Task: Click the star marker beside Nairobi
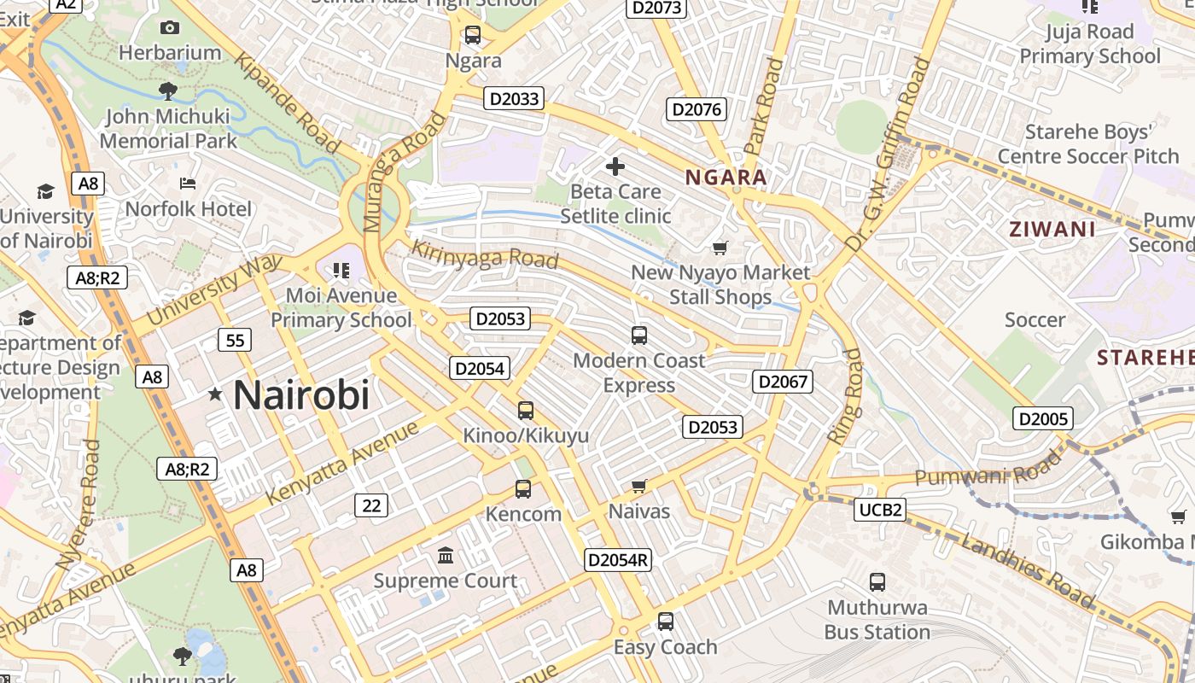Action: pyautogui.click(x=215, y=394)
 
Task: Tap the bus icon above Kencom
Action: pyautogui.click(x=523, y=489)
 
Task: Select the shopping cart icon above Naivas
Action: pyautogui.click(x=639, y=487)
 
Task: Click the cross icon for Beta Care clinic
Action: pyautogui.click(x=615, y=166)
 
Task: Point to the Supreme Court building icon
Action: pyautogui.click(x=446, y=557)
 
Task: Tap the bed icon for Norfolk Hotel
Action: pyautogui.click(x=188, y=184)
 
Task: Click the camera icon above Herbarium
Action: pyautogui.click(x=170, y=28)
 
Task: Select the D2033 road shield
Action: pyautogui.click(x=515, y=98)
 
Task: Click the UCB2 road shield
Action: pyautogui.click(x=880, y=510)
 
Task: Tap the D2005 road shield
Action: pyautogui.click(x=1043, y=418)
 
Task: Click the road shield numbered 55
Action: pyautogui.click(x=235, y=341)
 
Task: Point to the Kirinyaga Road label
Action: pyautogui.click(x=485, y=254)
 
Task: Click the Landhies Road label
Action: pyautogui.click(x=1026, y=570)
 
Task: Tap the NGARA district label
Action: pyautogui.click(x=726, y=178)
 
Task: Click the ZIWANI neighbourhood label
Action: pyautogui.click(x=1052, y=229)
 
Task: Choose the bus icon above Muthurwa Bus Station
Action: pyautogui.click(x=877, y=582)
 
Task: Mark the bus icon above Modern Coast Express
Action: pyautogui.click(x=639, y=336)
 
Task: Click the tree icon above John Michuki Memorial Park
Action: pyautogui.click(x=168, y=90)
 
